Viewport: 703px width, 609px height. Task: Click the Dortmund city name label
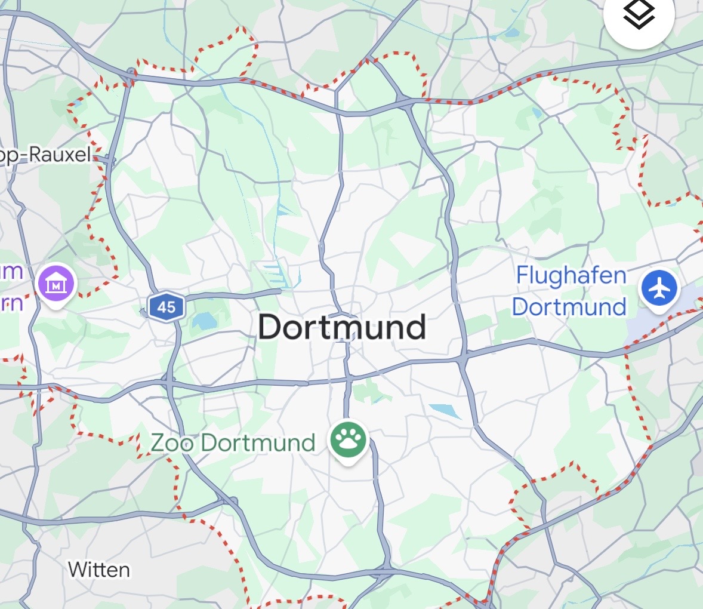coord(342,327)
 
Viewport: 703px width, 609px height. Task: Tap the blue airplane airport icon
coord(659,289)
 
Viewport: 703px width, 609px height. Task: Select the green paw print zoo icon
coord(349,441)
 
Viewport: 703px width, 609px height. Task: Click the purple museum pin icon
coord(55,283)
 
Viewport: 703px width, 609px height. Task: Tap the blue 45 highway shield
coord(166,307)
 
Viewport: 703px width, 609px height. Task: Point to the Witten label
coord(99,570)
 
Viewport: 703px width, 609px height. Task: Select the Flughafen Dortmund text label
coord(570,291)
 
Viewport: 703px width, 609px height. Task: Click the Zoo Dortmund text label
coord(233,442)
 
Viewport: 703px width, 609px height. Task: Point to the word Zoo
coord(172,442)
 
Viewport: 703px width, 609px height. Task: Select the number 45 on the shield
coord(166,307)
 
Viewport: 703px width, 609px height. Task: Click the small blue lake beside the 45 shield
coord(204,321)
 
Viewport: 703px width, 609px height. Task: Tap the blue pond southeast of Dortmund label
coord(445,410)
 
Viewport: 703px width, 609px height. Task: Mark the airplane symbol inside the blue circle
coord(659,289)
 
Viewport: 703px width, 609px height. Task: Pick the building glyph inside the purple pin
coord(55,283)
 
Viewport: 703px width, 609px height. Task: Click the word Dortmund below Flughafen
coord(569,307)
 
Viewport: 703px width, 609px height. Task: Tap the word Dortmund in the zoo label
coord(258,442)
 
